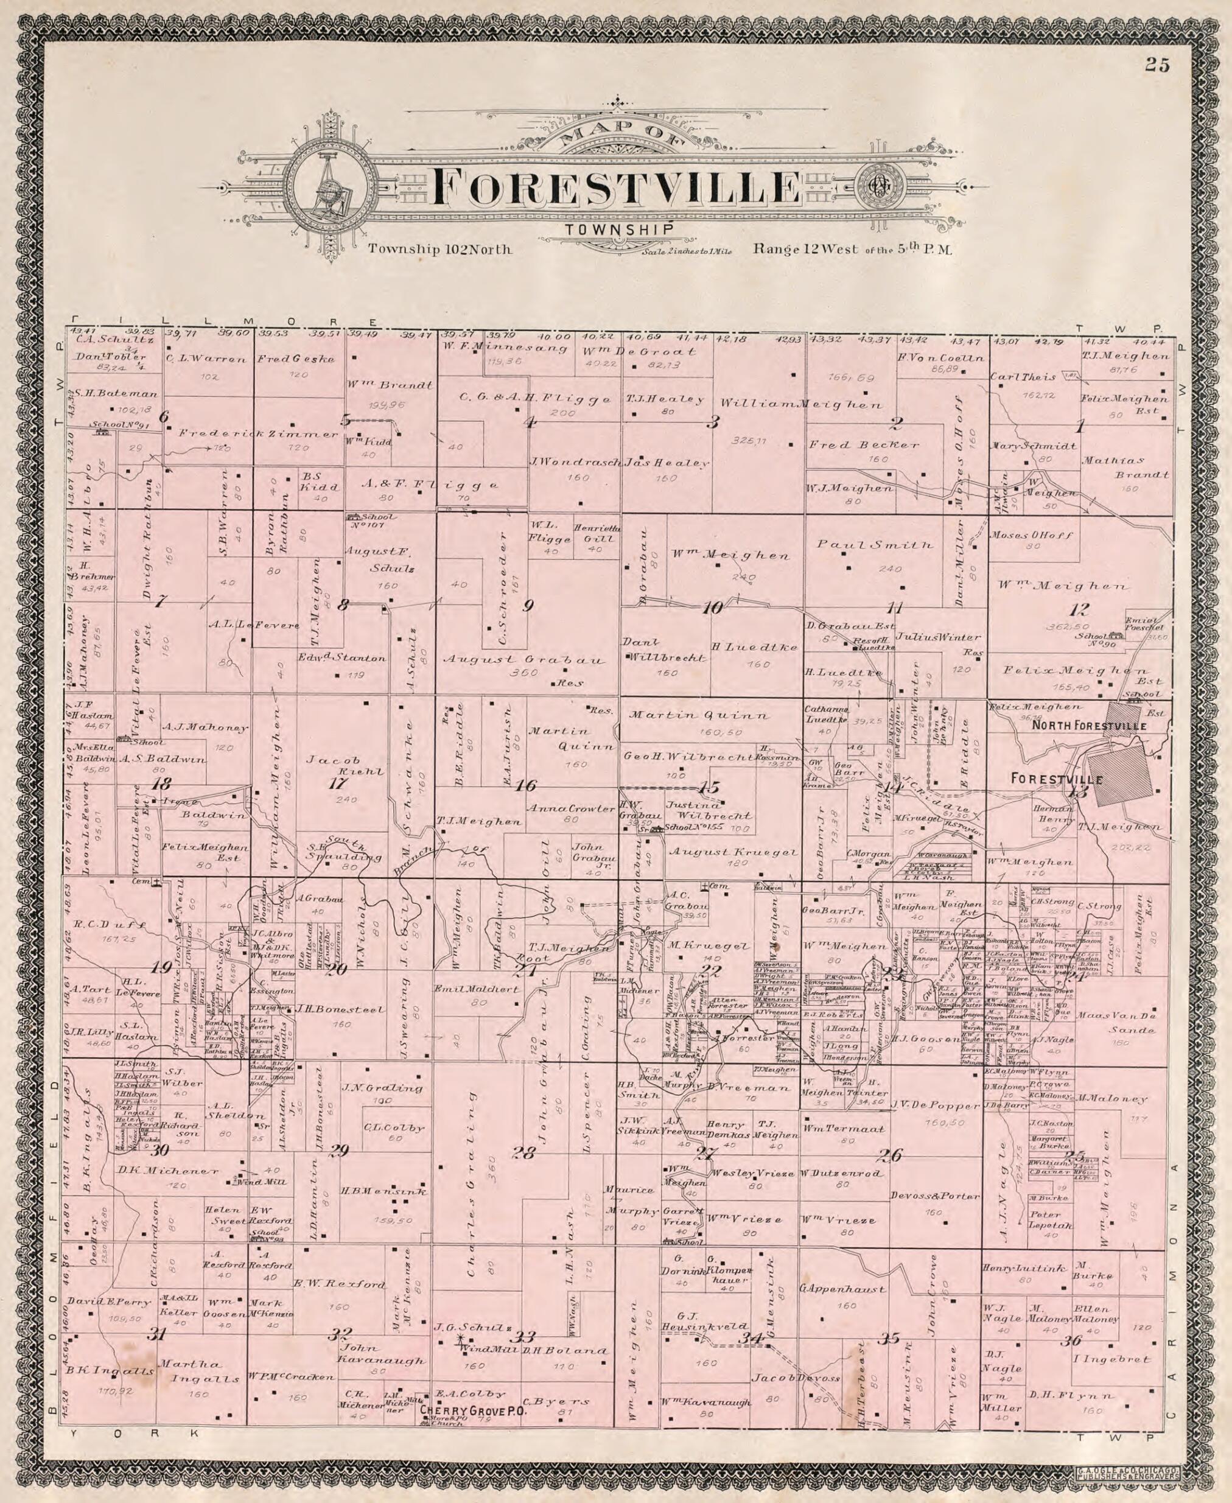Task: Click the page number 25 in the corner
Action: pyautogui.click(x=1156, y=66)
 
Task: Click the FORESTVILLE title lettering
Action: pyautogui.click(x=616, y=187)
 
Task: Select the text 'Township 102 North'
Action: pyautogui.click(x=439, y=249)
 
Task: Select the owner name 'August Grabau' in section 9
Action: pyautogui.click(x=523, y=660)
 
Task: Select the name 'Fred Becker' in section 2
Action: pyautogui.click(x=864, y=445)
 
